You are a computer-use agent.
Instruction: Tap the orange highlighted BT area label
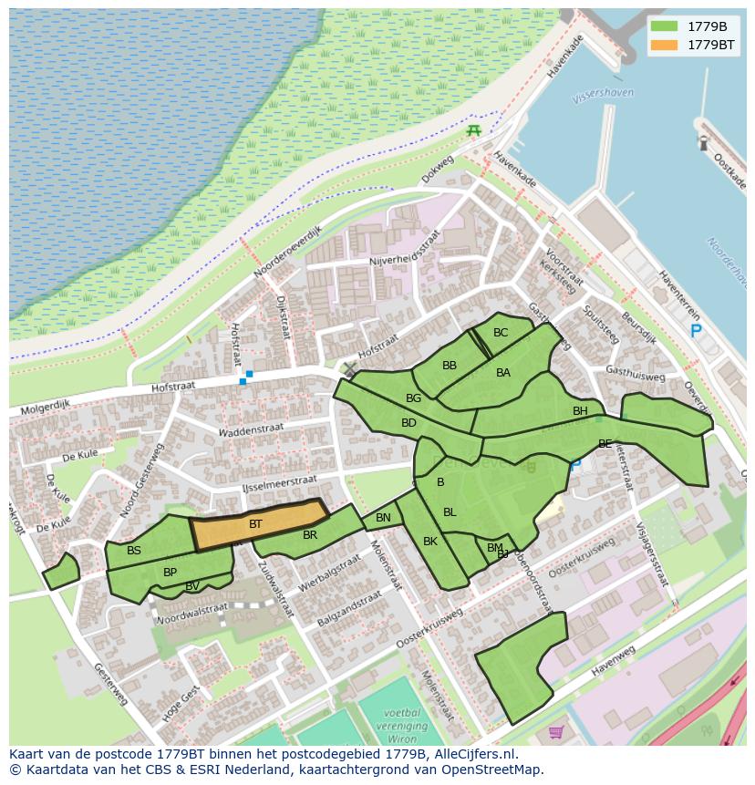tap(255, 524)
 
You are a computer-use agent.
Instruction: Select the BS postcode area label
tap(134, 550)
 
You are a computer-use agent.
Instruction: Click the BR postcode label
tap(310, 535)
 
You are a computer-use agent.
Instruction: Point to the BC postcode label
tap(501, 333)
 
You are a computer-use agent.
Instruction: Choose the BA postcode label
tap(503, 372)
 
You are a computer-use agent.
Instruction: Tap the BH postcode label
tap(580, 411)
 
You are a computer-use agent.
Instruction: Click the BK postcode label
tap(430, 541)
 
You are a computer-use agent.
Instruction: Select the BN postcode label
tap(383, 518)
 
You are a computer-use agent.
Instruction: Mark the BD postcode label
tap(409, 423)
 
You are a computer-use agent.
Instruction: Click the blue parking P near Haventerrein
tap(696, 332)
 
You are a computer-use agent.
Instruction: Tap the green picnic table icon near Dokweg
tap(473, 130)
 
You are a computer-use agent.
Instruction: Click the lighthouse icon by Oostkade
tap(703, 142)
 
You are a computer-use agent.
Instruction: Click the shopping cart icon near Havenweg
tap(556, 731)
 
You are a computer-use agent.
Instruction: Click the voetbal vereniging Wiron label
tap(401, 727)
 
